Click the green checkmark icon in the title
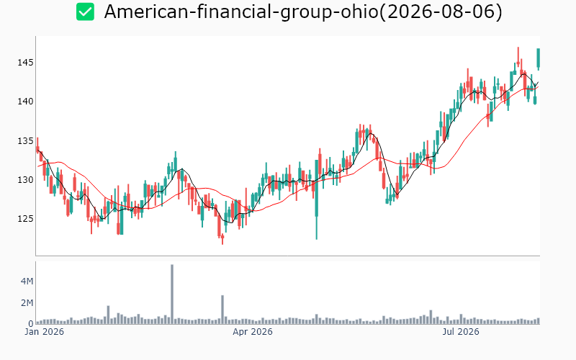[x=85, y=12]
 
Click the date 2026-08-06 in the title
[x=441, y=12]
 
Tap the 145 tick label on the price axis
[x=25, y=63]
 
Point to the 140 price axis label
[x=25, y=102]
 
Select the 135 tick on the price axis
[x=25, y=141]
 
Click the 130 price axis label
[x=25, y=180]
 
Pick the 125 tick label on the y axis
[x=25, y=219]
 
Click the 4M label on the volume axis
[x=27, y=282]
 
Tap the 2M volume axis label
[x=27, y=303]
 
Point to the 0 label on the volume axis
[x=31, y=323]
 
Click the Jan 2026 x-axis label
[x=44, y=332]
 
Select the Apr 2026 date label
[x=253, y=332]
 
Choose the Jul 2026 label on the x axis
[x=461, y=332]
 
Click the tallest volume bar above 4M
[x=172, y=294]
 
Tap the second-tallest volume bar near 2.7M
[x=222, y=310]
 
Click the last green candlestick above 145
[x=539, y=58]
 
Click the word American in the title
[x=146, y=12]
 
